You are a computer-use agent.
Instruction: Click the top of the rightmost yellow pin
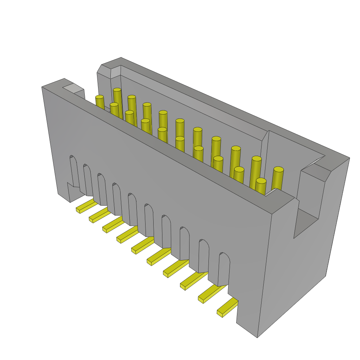278,169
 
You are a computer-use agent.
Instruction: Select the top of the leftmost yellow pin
99,97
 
